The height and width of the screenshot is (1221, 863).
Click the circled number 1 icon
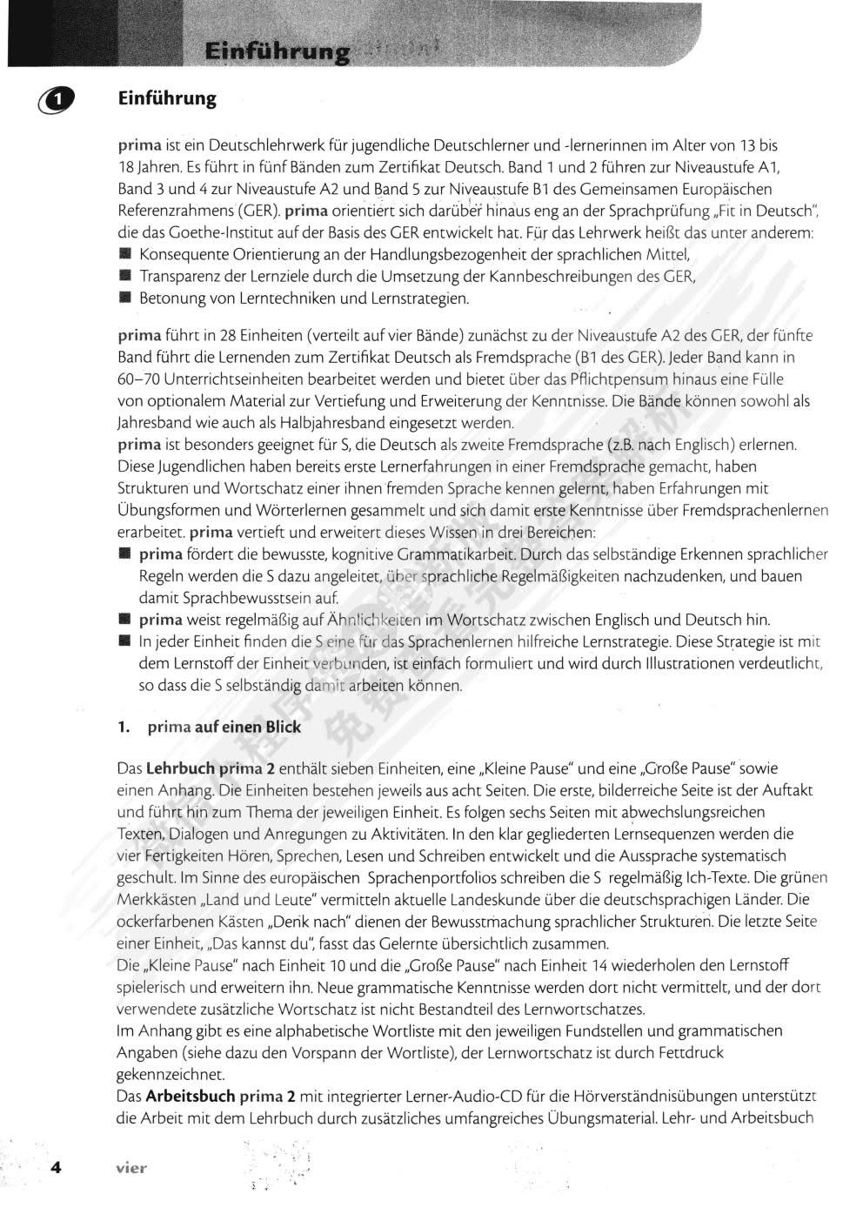point(56,101)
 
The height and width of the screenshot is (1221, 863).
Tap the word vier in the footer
point(131,1168)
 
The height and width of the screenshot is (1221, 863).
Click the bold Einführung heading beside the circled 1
point(167,98)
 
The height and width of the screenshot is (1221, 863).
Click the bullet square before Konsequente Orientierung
point(124,255)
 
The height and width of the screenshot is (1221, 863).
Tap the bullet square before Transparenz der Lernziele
point(124,277)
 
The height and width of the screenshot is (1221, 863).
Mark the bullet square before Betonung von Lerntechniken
point(124,299)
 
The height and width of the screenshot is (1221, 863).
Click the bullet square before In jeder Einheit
point(124,641)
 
